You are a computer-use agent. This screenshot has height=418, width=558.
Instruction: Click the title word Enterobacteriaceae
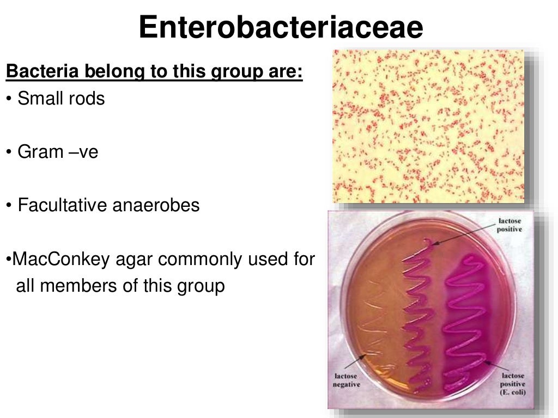tap(281, 27)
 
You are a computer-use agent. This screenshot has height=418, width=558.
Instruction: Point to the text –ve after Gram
tap(83, 152)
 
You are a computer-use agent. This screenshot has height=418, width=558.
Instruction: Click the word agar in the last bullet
tap(135, 260)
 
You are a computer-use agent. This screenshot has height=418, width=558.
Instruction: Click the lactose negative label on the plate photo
tap(346, 380)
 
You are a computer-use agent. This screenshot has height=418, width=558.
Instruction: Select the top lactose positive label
tap(509, 225)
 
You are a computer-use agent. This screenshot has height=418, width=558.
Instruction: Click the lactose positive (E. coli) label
tap(512, 383)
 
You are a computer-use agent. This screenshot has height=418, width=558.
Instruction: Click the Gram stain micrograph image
tap(428, 126)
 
